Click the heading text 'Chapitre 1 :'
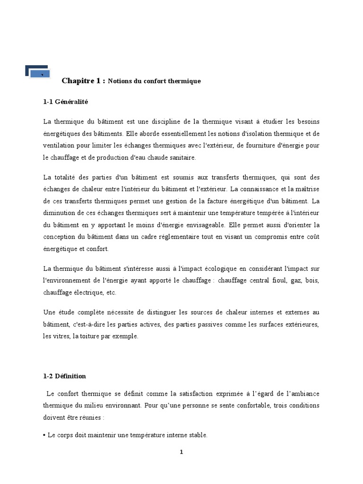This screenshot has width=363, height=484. point(83,81)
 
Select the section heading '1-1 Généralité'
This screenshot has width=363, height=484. point(66,102)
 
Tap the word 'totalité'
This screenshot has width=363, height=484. point(69,177)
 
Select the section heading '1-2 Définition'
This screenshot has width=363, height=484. point(64,376)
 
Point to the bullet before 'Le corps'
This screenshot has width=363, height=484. point(44,435)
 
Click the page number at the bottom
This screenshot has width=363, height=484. point(181,452)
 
